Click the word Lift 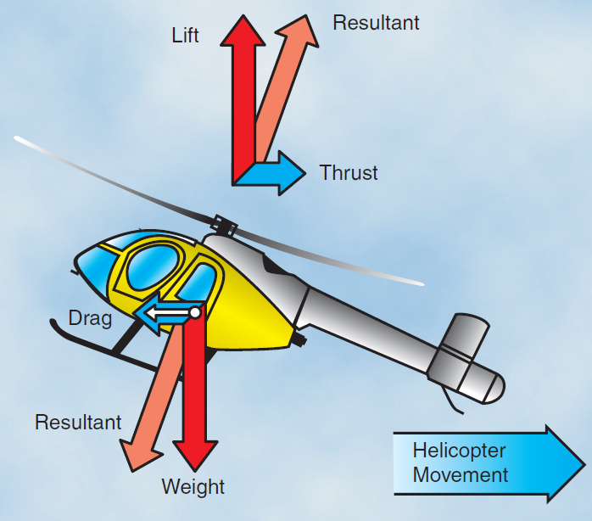click(x=185, y=36)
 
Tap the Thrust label click(x=349, y=173)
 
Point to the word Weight click(x=193, y=487)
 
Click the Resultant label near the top click(x=376, y=23)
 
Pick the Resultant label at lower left click(x=78, y=422)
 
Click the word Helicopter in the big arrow click(x=459, y=451)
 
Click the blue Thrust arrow click(x=280, y=172)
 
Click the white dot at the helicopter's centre click(x=195, y=313)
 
